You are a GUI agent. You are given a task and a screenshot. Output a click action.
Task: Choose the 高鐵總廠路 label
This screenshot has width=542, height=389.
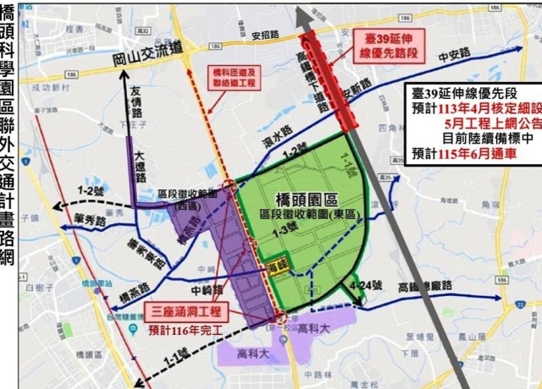(x=434, y=288)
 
